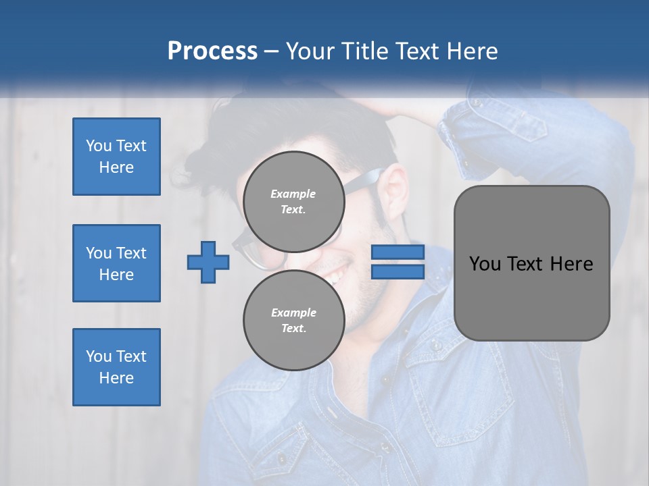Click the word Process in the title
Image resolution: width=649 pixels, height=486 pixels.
(212, 51)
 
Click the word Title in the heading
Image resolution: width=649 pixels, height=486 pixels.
(366, 51)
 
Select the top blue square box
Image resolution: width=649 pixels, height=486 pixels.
(116, 157)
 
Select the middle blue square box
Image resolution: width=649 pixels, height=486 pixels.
(116, 263)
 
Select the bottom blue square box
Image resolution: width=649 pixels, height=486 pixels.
(116, 367)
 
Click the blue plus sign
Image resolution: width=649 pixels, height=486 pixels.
(208, 262)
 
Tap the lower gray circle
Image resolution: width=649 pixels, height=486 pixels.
(293, 320)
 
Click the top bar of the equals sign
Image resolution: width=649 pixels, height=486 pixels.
(398, 252)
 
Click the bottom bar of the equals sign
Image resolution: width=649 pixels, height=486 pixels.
(398, 271)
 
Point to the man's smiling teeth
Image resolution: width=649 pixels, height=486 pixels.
(334, 274)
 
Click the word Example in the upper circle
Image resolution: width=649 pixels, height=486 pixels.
(293, 194)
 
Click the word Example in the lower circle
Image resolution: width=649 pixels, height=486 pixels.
(293, 313)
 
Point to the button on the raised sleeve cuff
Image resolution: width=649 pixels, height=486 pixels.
(477, 103)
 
